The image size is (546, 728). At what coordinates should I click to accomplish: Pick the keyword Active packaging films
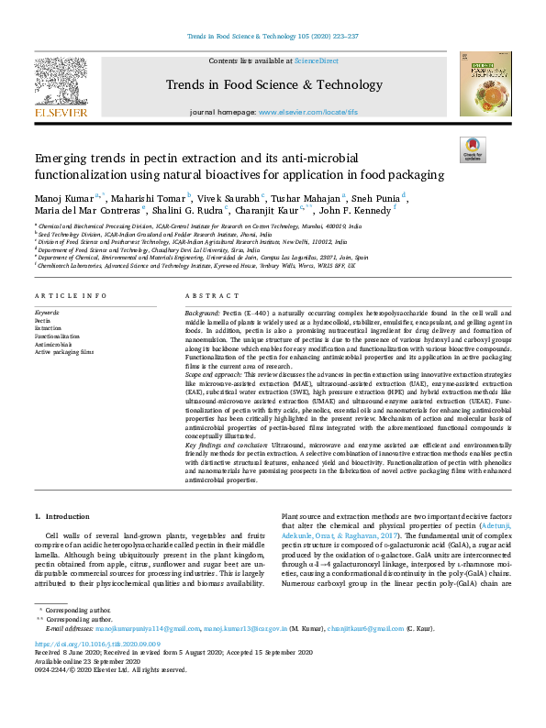click(x=64, y=351)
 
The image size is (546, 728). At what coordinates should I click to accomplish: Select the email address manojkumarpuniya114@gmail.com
click(x=148, y=628)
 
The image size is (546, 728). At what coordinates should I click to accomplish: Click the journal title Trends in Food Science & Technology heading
click(x=272, y=85)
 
